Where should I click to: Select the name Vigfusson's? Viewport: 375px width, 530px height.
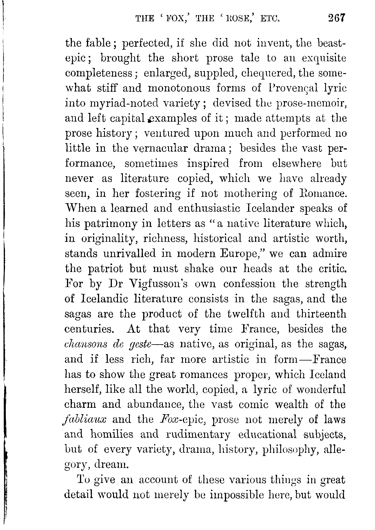159,284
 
